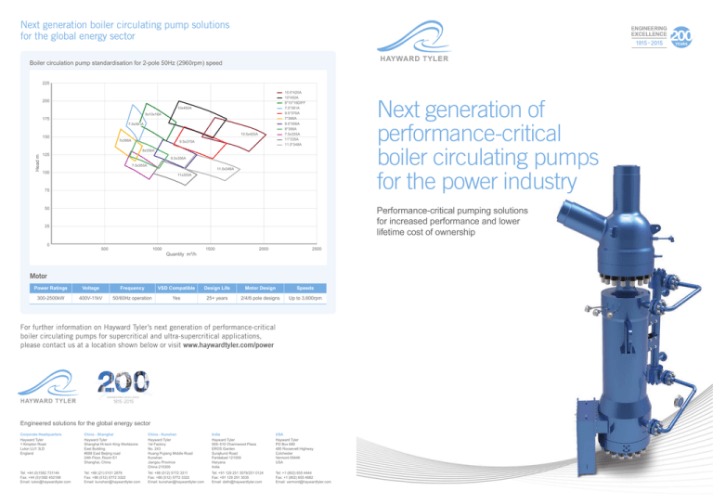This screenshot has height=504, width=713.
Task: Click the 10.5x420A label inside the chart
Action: click(249, 135)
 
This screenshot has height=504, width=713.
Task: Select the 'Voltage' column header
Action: click(91, 288)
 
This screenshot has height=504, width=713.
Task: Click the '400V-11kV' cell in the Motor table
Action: click(91, 300)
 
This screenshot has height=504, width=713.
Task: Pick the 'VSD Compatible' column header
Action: click(174, 288)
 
